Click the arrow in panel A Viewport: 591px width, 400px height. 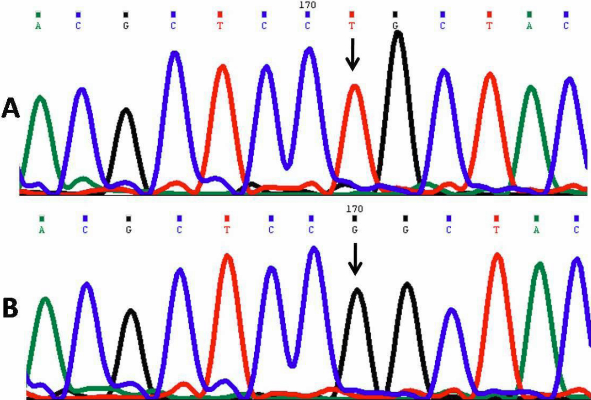(x=353, y=54)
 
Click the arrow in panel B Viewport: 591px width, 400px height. (x=356, y=258)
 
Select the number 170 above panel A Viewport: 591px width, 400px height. (x=308, y=5)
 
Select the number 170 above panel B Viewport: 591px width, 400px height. (x=355, y=209)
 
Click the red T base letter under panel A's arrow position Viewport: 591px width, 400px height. (x=352, y=26)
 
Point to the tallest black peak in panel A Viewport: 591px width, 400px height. (x=398, y=34)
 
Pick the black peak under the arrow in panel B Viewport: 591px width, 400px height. (x=357, y=291)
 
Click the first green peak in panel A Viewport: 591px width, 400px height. (x=40, y=99)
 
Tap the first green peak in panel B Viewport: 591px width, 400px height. (x=45, y=300)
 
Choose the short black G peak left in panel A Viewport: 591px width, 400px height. (x=126, y=112)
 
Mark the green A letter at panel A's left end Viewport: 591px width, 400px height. (x=38, y=26)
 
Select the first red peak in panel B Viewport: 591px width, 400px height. (x=227, y=257)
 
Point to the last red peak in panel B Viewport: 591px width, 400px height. (x=498, y=256)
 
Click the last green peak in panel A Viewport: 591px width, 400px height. (x=531, y=89)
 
